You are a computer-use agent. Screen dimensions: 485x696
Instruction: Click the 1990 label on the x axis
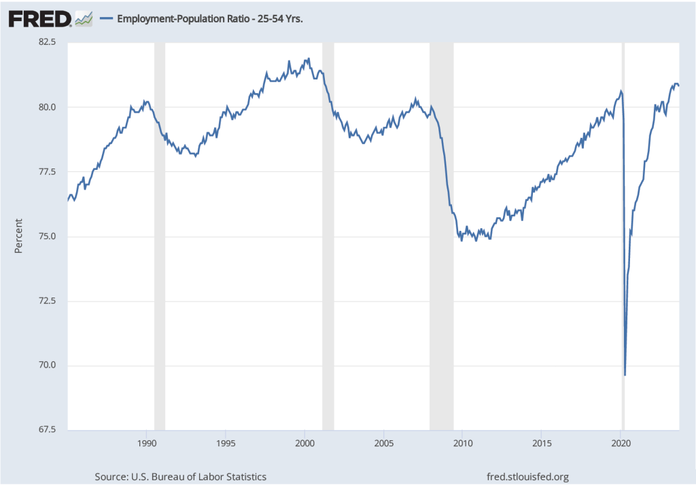[146, 444]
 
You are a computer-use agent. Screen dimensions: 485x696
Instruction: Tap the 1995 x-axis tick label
[226, 444]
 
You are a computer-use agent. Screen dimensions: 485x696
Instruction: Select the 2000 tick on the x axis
[304, 444]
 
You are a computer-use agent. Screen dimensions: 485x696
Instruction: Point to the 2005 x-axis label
[384, 444]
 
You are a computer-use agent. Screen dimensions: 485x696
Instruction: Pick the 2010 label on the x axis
[463, 444]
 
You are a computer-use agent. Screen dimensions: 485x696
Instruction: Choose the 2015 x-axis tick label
[542, 444]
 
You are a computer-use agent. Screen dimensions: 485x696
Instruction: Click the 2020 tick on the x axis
[621, 444]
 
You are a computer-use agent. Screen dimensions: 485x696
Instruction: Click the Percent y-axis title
[18, 236]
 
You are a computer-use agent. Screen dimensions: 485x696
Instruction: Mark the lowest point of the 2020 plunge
[625, 374]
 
